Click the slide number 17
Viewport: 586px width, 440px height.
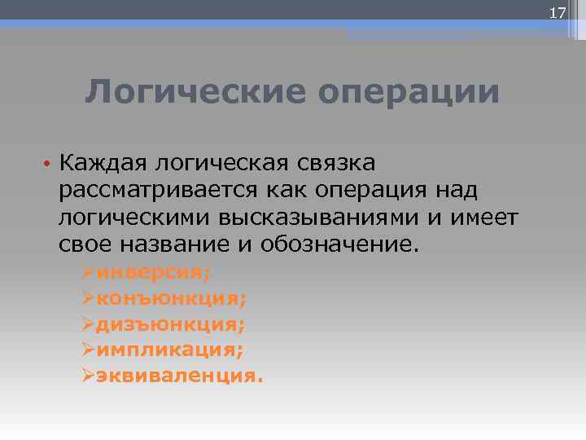pos(558,12)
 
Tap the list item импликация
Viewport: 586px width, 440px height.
pos(169,350)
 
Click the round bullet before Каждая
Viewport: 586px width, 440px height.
pos(50,164)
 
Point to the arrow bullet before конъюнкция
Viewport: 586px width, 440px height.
pos(89,298)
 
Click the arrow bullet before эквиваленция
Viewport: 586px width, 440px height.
pos(89,376)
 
